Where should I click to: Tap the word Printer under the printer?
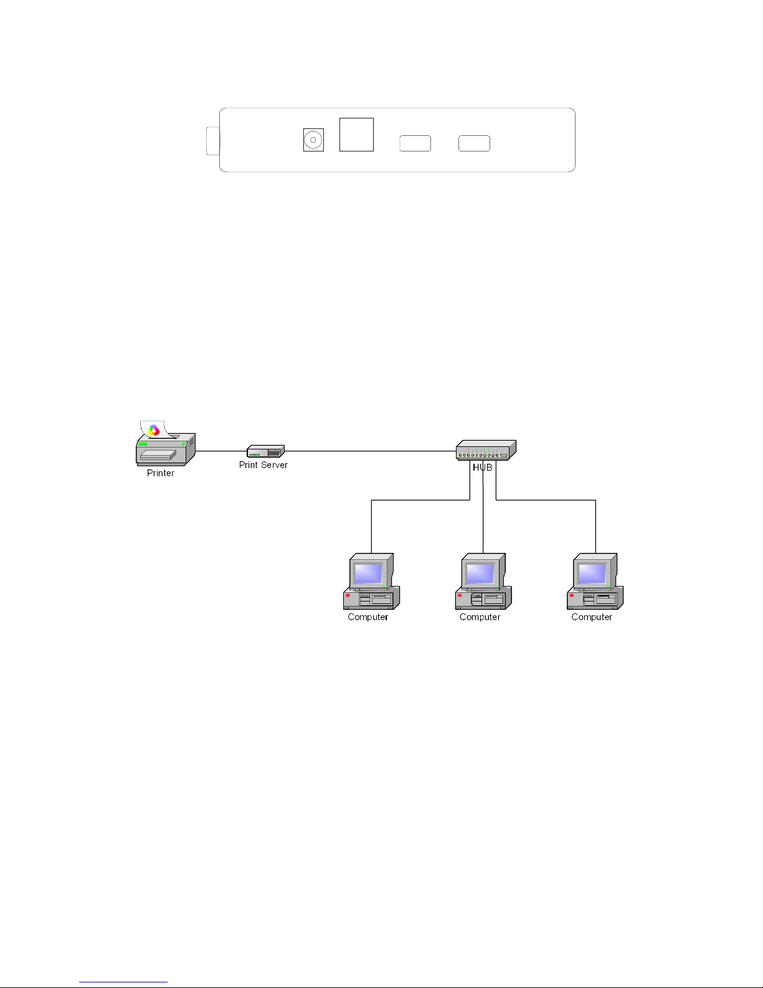pos(160,473)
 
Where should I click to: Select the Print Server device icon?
pos(266,451)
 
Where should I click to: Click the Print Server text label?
pos(263,465)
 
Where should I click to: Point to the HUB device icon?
pos(486,449)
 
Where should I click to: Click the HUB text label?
pos(482,468)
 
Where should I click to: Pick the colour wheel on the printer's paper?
pos(154,429)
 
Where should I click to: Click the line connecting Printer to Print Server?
pos(221,451)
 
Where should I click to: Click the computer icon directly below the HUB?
pos(483,582)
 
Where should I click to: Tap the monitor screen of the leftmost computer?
pos(368,573)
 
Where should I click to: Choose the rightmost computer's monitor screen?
pos(592,573)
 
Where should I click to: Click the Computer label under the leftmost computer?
pos(367,617)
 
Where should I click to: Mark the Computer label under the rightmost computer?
pos(592,617)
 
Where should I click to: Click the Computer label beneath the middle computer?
pos(480,617)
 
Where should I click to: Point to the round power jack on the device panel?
pos(313,140)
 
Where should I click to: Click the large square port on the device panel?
pos(356,135)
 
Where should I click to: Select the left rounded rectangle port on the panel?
pos(415,143)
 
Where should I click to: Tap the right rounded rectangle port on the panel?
pos(474,143)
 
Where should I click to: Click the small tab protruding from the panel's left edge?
pos(212,141)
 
